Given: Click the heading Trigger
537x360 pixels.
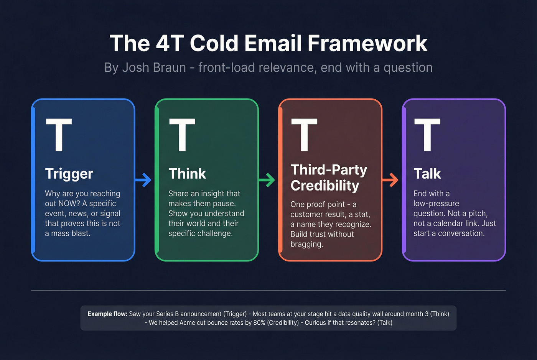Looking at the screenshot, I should pyautogui.click(x=69, y=174).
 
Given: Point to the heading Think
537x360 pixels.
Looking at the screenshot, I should pyautogui.click(x=187, y=174).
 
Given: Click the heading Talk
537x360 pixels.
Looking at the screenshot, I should pyautogui.click(x=427, y=174).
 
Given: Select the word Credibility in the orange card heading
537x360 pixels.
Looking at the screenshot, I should pyautogui.click(x=325, y=186).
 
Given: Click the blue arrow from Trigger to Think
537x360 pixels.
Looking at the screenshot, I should pyautogui.click(x=143, y=179).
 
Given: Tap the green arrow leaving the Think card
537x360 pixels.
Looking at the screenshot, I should pyautogui.click(x=267, y=179).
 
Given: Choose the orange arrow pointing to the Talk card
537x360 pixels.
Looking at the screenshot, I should pyautogui.click(x=390, y=179).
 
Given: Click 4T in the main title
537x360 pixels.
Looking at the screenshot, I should pyautogui.click(x=170, y=43).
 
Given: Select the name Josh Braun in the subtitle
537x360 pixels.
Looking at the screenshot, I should pyautogui.click(x=154, y=67).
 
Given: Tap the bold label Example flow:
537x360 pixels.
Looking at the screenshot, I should pyautogui.click(x=107, y=314).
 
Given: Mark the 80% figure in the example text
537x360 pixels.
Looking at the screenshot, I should pyautogui.click(x=260, y=323).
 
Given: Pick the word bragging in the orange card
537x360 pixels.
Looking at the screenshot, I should pyautogui.click(x=306, y=244).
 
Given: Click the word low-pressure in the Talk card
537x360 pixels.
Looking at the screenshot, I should pyautogui.click(x=436, y=204).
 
